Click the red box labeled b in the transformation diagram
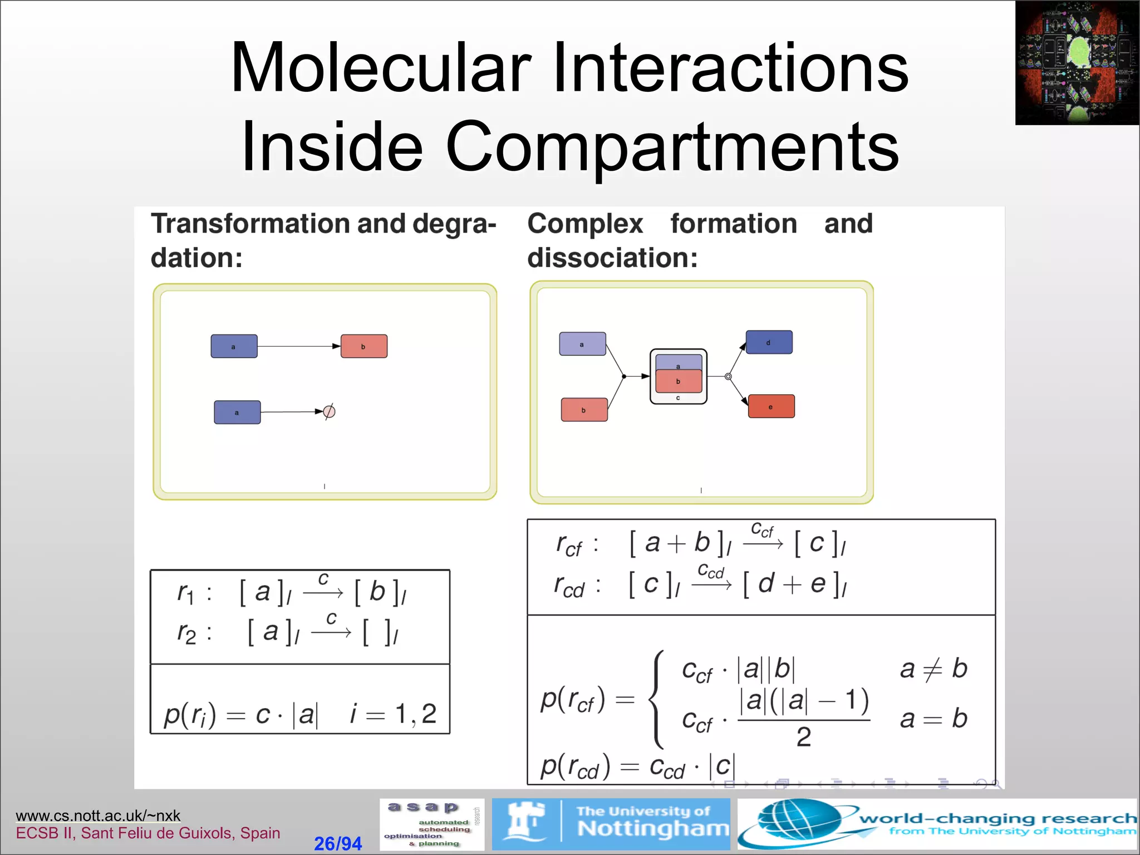tap(363, 346)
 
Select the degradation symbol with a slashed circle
tap(329, 412)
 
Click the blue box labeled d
tap(769, 342)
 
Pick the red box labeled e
tap(771, 406)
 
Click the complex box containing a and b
tap(678, 376)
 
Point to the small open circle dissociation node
tap(728, 377)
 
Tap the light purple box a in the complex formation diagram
tap(582, 344)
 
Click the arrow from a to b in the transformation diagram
tap(298, 346)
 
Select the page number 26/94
tap(337, 843)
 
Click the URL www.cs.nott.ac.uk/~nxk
tap(98, 815)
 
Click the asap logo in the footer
tap(431, 824)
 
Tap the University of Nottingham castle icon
tap(524, 823)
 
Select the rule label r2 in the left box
tap(186, 633)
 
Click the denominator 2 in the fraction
tap(803, 737)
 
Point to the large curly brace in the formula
tap(658, 699)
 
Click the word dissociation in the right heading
tap(612, 258)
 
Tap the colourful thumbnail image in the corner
tap(1077, 62)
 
